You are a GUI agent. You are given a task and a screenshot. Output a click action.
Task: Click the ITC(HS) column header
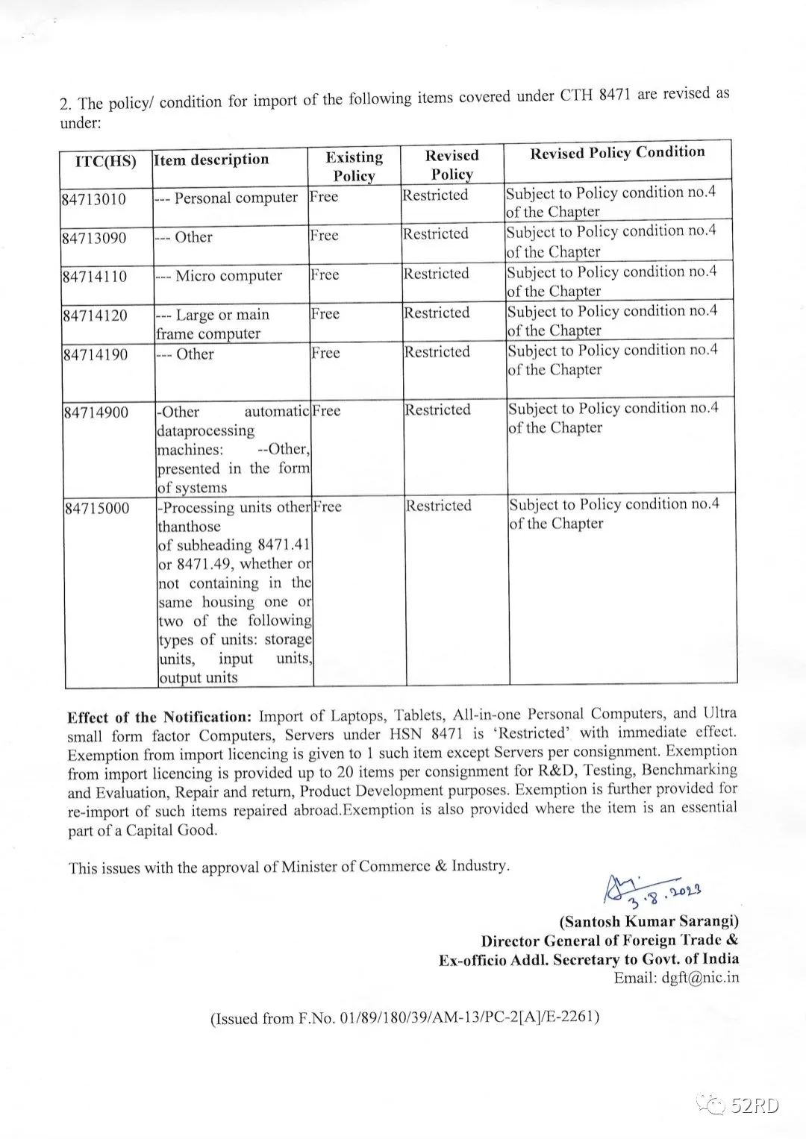(x=106, y=161)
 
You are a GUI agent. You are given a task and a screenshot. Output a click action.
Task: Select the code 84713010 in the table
(x=94, y=200)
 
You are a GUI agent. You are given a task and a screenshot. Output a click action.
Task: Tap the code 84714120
(x=95, y=316)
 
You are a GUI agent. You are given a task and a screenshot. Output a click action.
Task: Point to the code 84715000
(x=96, y=509)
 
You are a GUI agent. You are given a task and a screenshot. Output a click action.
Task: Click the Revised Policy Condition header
(x=617, y=153)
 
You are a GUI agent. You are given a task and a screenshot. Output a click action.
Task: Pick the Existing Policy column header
(x=354, y=166)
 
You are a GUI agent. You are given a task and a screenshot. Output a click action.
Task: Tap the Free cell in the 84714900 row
(x=326, y=411)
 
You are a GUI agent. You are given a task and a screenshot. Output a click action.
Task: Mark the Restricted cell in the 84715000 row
(x=439, y=506)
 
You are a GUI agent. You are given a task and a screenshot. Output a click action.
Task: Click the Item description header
(x=211, y=160)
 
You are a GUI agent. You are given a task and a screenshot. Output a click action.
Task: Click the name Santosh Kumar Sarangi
(x=649, y=921)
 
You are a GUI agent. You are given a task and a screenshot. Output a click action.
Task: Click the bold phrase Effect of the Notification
(x=160, y=718)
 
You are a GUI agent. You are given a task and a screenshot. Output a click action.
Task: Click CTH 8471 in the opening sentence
(x=594, y=97)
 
